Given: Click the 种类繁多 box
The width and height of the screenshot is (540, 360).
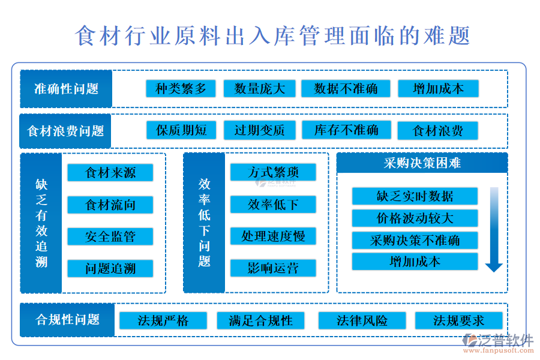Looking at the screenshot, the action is click(x=181, y=89).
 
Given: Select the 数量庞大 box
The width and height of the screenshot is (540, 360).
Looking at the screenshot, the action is click(x=259, y=89).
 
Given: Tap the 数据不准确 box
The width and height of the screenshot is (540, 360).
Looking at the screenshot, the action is click(x=346, y=89).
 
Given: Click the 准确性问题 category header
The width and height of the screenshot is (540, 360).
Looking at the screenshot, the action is click(x=66, y=89).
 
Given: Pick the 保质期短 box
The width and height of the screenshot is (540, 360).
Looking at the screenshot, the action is click(x=181, y=130).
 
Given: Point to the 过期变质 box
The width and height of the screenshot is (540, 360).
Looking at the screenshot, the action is click(x=260, y=130).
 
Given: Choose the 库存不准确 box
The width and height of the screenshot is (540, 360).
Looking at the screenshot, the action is click(x=346, y=130).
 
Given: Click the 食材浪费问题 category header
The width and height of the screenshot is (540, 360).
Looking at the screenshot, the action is click(x=65, y=131).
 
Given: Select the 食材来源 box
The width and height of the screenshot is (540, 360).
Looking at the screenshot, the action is click(x=110, y=172).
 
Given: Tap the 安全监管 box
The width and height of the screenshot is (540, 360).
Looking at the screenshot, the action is click(x=110, y=236).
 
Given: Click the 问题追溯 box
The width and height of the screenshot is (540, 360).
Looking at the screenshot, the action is click(x=110, y=268).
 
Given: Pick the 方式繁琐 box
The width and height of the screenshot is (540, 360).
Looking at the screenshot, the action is click(x=273, y=172).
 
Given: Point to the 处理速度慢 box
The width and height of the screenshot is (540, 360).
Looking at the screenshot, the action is click(x=273, y=236).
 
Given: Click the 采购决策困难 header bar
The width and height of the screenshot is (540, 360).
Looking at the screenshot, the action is click(x=422, y=163).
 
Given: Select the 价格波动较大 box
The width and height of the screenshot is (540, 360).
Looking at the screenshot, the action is click(x=415, y=218).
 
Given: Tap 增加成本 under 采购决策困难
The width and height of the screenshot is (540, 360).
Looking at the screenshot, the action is click(x=415, y=262).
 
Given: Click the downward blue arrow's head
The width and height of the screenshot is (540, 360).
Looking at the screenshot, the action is click(x=494, y=268).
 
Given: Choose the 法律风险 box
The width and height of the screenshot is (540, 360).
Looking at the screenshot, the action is click(x=362, y=321).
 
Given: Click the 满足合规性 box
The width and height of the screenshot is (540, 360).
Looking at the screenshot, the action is click(x=261, y=321).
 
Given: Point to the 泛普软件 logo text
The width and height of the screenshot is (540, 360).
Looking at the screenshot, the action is click(x=505, y=341).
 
